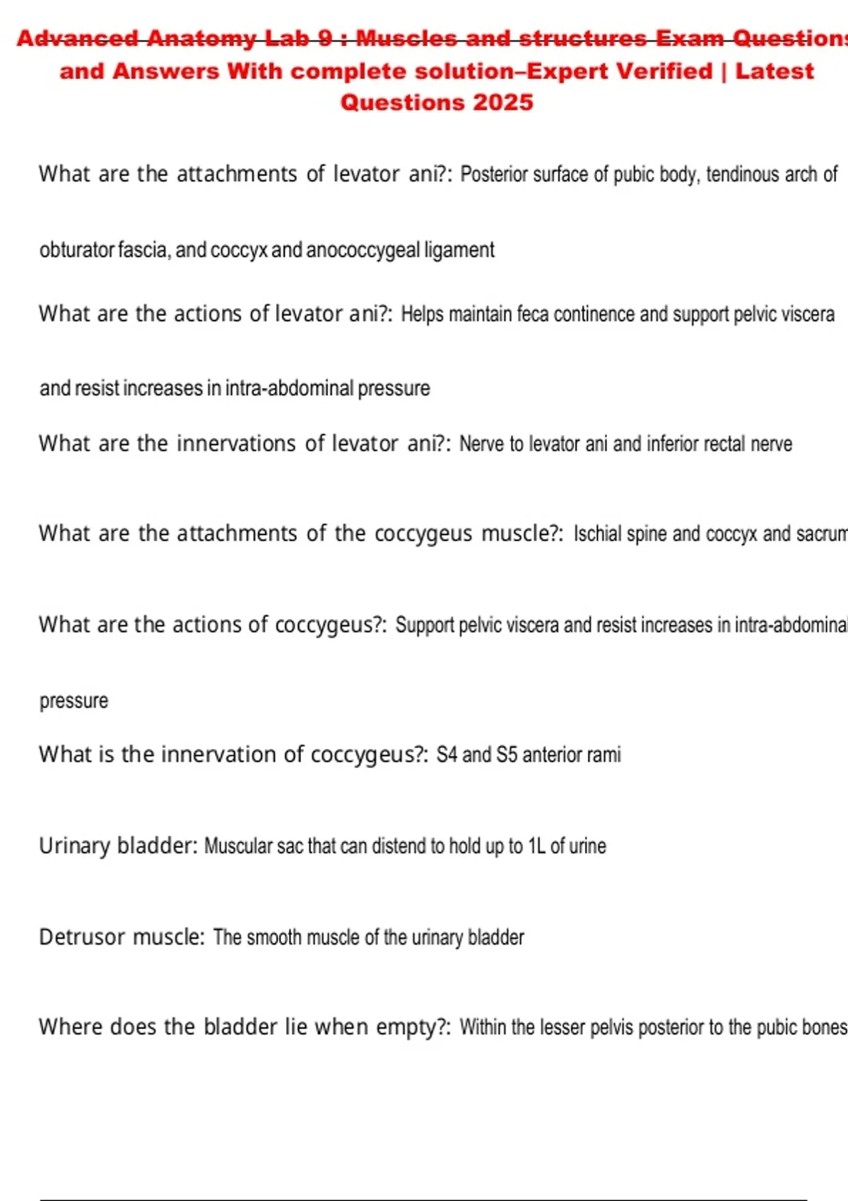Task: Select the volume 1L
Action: click(x=536, y=846)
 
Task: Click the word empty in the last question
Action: click(x=407, y=1027)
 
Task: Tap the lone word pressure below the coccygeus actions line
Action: click(x=73, y=702)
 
